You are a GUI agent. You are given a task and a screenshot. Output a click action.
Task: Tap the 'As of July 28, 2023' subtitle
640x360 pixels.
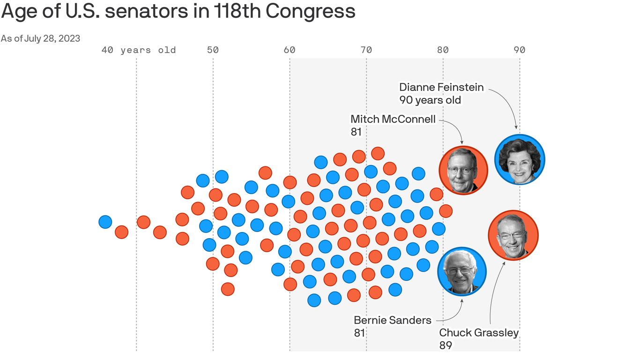coord(40,38)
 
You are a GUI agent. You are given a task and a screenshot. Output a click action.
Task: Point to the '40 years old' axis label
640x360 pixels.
coord(139,50)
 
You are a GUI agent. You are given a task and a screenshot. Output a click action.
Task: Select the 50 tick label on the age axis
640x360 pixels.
coord(213,50)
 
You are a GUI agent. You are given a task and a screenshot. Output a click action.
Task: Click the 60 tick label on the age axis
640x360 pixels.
coord(290,50)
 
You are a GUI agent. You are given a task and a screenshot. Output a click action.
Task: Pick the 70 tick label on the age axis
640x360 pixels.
coord(366,50)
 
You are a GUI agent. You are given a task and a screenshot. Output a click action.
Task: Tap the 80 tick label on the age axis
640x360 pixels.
coord(443,50)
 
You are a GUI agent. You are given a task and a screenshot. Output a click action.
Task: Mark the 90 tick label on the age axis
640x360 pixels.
coord(519,50)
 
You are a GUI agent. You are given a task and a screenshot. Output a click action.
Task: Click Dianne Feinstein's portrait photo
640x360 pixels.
coord(520,159)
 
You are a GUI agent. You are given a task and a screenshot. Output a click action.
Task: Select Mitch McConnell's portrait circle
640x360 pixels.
coord(463,170)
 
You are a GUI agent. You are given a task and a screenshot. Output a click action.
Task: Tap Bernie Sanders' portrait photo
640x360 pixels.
coord(462,272)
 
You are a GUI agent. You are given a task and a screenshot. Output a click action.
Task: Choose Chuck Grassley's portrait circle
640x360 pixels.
coord(513,235)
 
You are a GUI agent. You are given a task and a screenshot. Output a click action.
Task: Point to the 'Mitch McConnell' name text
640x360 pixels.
coord(393,120)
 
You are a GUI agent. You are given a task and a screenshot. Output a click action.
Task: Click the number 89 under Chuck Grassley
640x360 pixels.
coord(446,345)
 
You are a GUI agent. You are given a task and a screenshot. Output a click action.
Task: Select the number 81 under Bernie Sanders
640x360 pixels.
coord(360,333)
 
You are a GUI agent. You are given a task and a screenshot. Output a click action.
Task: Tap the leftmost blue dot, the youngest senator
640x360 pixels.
coord(105,222)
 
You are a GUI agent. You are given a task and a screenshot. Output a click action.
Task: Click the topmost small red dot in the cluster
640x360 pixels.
coord(378,153)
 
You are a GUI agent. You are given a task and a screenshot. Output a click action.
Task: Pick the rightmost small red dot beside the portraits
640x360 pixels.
coord(446,211)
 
